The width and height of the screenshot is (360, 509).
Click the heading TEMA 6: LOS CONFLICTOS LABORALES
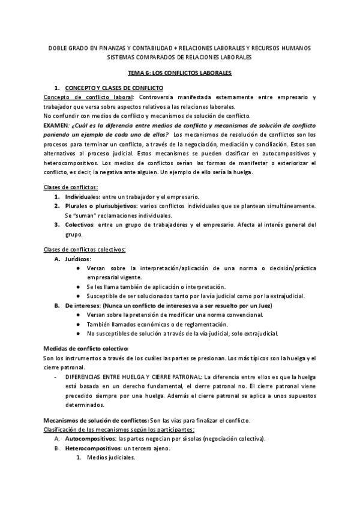pyautogui.click(x=180, y=73)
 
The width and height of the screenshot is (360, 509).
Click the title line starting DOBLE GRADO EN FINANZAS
pyautogui.click(x=180, y=48)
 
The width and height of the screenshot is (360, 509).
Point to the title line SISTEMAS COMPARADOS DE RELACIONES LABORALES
pyautogui.click(x=180, y=57)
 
